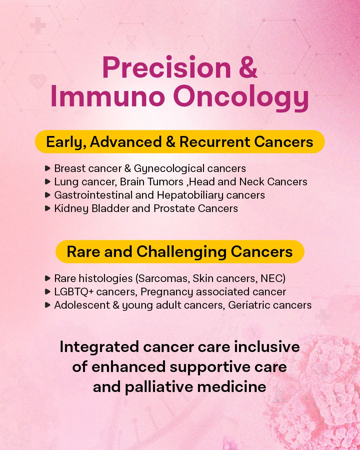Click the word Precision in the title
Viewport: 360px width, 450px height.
point(167,68)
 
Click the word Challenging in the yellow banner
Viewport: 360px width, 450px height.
point(181,252)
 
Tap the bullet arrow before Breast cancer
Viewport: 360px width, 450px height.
point(48,168)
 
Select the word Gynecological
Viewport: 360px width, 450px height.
point(169,169)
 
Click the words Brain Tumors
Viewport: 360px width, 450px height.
point(152,182)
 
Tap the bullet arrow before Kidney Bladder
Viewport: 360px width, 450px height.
point(48,208)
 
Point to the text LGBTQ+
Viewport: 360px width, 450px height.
point(74,292)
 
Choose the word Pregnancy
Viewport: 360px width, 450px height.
point(167,292)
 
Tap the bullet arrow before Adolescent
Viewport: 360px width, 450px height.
point(48,305)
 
